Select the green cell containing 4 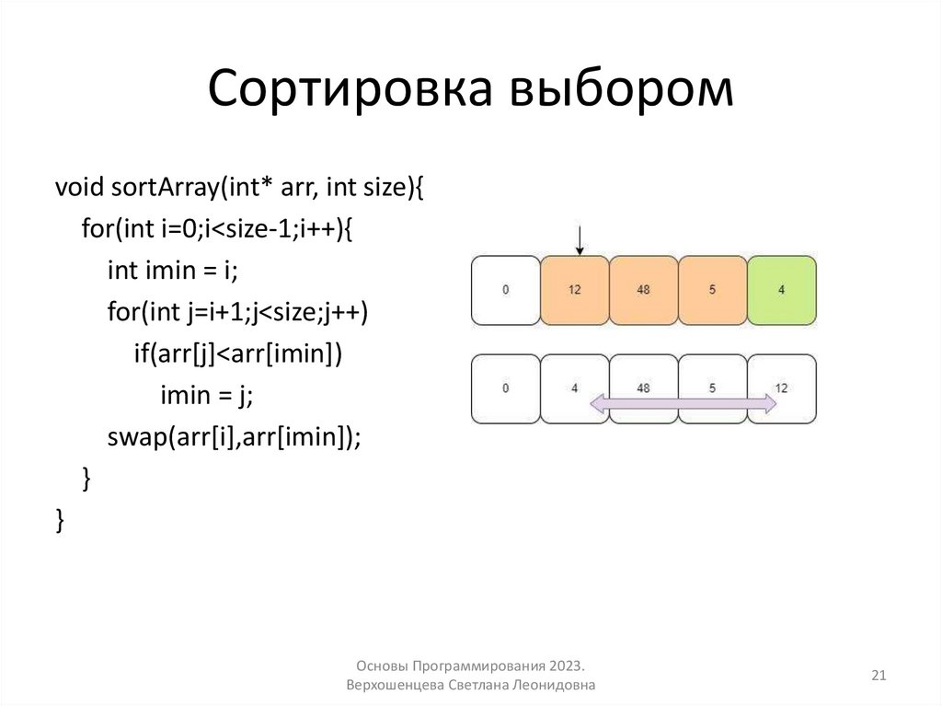(782, 290)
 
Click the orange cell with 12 (575, 290)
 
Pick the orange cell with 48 (644, 290)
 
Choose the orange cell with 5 (713, 290)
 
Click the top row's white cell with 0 (506, 290)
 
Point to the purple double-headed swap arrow (683, 403)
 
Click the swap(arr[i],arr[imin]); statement (234, 437)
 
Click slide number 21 (878, 677)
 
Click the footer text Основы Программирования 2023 (469, 665)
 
